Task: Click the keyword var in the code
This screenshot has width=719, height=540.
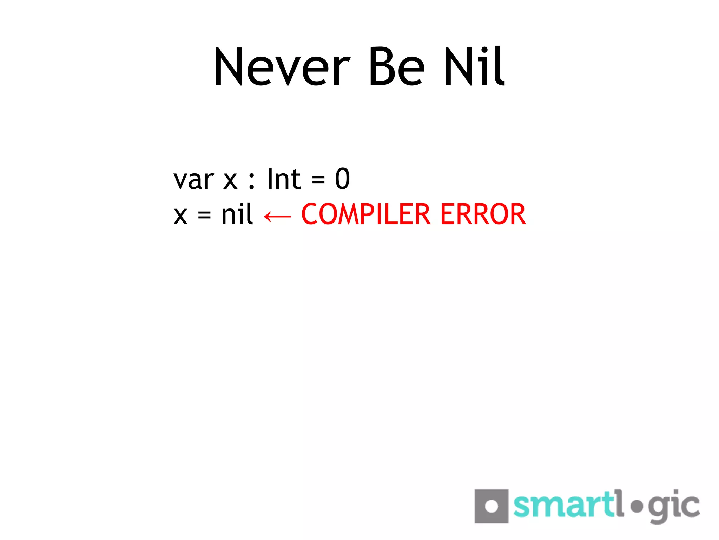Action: pyautogui.click(x=193, y=180)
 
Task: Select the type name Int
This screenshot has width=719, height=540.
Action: pyautogui.click(x=284, y=179)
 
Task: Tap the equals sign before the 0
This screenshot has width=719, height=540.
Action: pyautogui.click(x=318, y=180)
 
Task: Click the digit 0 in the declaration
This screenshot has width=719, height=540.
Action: pyautogui.click(x=342, y=179)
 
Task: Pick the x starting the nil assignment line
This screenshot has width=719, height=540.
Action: pyautogui.click(x=180, y=215)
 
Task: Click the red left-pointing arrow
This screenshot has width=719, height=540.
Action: pyautogui.click(x=277, y=216)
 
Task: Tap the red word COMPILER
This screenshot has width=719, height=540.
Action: pyautogui.click(x=365, y=214)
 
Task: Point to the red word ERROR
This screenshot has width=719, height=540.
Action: pyautogui.click(x=483, y=214)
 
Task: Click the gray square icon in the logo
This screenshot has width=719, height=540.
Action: pyautogui.click(x=491, y=506)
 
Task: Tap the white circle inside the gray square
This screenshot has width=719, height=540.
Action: pyautogui.click(x=491, y=506)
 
